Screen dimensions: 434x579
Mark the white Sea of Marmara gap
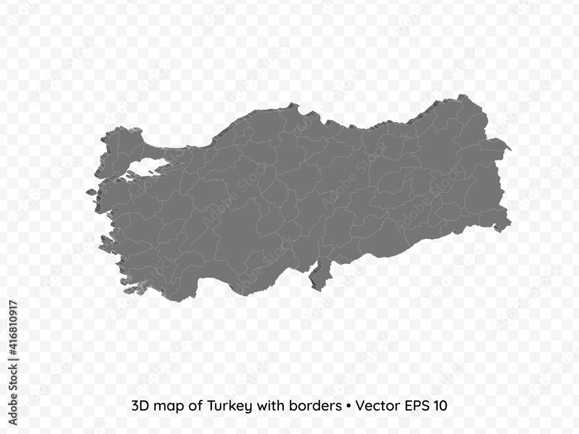[x=142, y=165]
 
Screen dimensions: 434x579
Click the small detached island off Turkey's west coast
[x=91, y=192]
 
